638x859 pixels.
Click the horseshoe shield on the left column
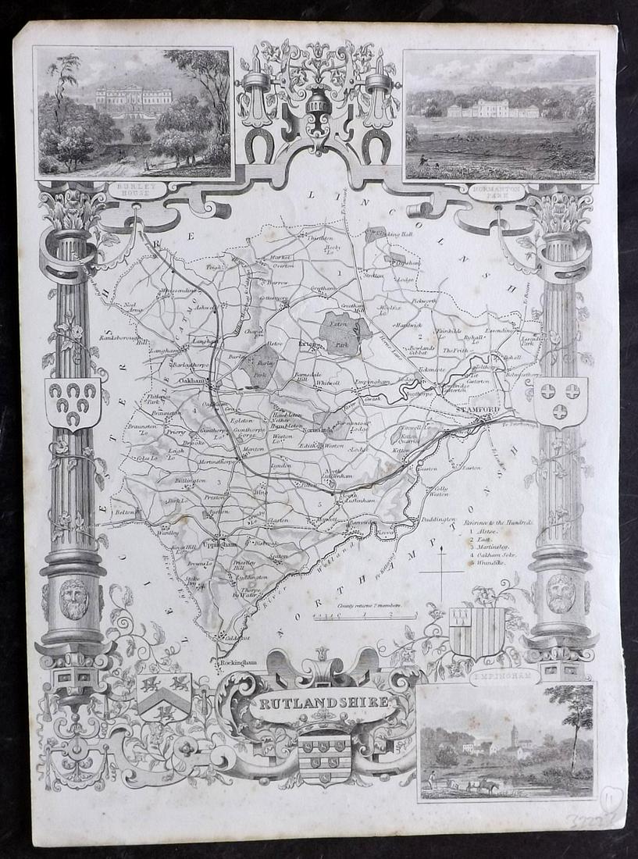tap(73, 402)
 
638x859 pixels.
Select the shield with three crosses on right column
tap(560, 400)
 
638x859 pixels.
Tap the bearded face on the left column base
tap(73, 600)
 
